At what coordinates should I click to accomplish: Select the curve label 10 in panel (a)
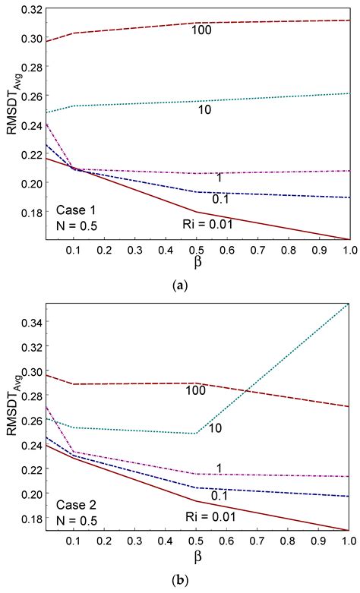click(182, 109)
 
